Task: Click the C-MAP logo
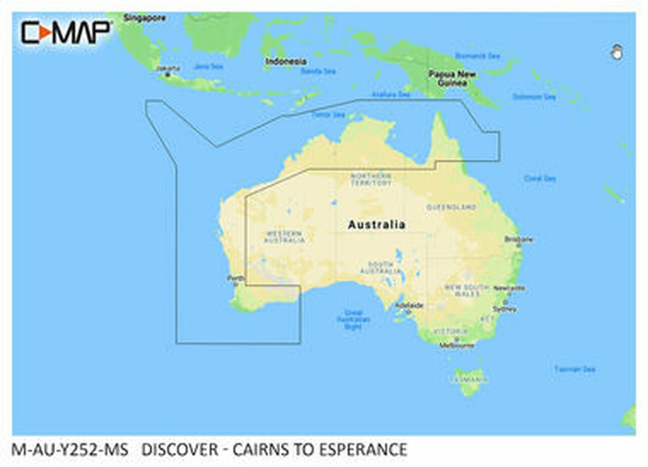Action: click(x=65, y=32)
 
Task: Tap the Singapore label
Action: click(x=144, y=18)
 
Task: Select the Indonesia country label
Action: click(x=286, y=61)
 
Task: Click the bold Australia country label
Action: click(x=376, y=225)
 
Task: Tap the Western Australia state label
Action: click(x=284, y=237)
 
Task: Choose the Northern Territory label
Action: click(x=371, y=179)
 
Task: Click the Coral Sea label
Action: click(x=540, y=178)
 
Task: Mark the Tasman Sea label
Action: click(x=574, y=369)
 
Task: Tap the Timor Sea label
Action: click(x=328, y=115)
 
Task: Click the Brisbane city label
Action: click(x=518, y=239)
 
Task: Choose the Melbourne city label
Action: click(x=457, y=346)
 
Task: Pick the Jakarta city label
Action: click(x=168, y=68)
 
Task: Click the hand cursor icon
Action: click(x=617, y=52)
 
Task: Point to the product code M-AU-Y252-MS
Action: click(x=70, y=449)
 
